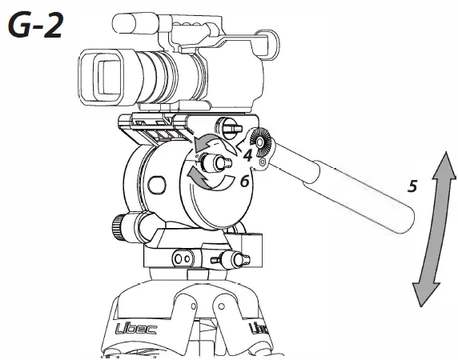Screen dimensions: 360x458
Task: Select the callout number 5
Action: [412, 187]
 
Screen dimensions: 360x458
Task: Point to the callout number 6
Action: [246, 182]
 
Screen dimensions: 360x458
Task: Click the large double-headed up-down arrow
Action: [431, 231]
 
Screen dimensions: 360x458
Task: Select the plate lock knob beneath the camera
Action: [231, 126]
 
